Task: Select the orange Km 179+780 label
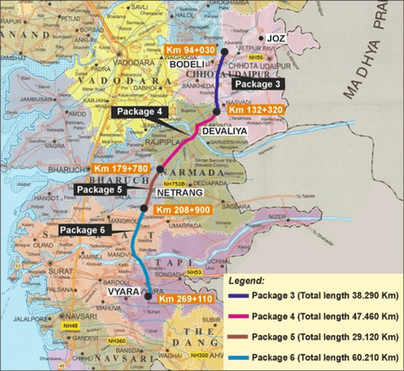121,168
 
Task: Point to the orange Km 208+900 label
184,209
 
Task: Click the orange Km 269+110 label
187,297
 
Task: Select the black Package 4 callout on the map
139,111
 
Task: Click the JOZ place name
277,39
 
